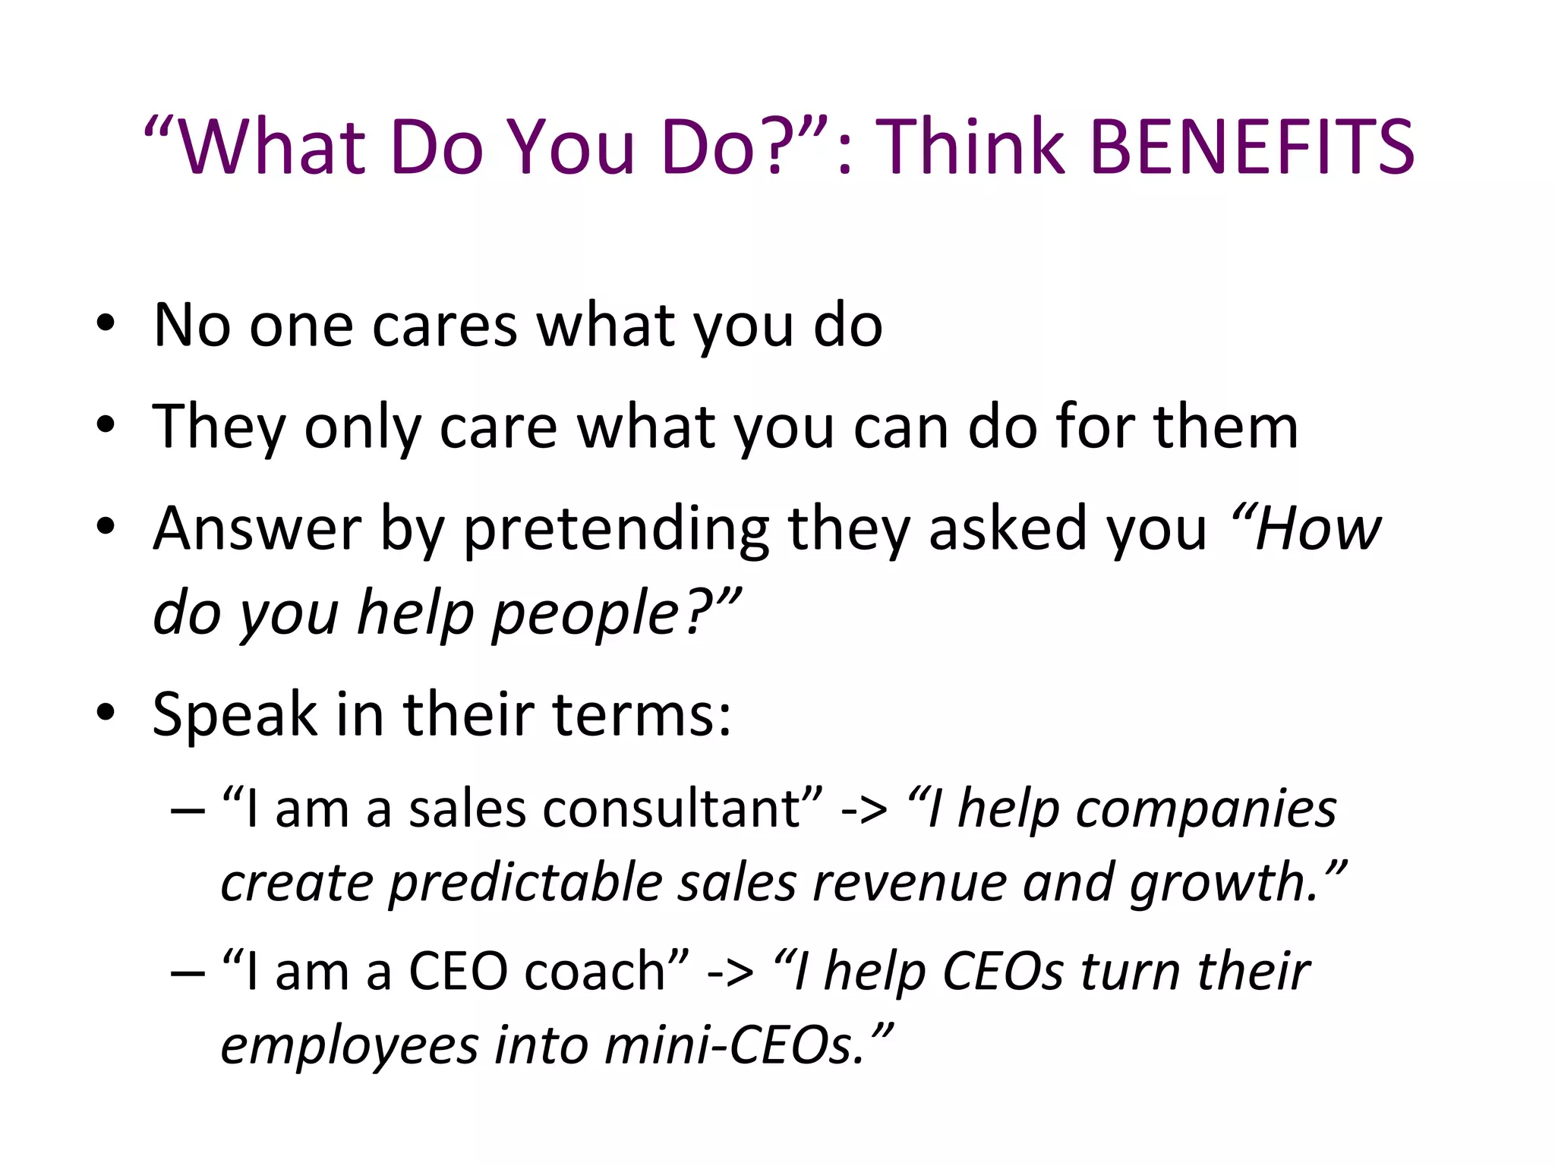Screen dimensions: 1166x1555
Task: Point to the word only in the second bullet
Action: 362,427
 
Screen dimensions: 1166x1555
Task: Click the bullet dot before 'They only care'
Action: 106,427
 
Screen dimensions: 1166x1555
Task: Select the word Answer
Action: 257,528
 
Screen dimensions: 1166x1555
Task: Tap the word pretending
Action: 616,530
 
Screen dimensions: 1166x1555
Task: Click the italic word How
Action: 1317,528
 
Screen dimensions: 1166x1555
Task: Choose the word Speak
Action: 235,715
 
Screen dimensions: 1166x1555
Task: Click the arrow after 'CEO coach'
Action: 730,972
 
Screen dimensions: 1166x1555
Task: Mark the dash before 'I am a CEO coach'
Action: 188,972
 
